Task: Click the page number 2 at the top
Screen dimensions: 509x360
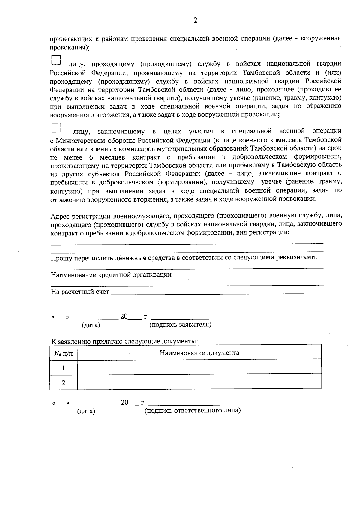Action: click(x=195, y=21)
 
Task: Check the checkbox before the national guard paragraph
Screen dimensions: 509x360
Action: click(x=56, y=60)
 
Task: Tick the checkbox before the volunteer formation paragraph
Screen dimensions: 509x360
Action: click(x=56, y=127)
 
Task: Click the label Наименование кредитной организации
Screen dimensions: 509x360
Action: click(x=111, y=275)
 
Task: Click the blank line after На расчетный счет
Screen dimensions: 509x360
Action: click(x=207, y=292)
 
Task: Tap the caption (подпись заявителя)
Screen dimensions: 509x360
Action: click(x=180, y=325)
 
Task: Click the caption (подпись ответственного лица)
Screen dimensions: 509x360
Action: click(x=193, y=411)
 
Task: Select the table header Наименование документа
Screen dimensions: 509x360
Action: click(x=199, y=353)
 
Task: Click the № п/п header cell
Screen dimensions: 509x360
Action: click(x=64, y=353)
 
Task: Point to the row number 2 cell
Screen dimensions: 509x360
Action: click(x=64, y=383)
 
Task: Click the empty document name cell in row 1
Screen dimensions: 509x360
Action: click(x=199, y=368)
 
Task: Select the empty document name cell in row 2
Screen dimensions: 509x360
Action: click(x=199, y=383)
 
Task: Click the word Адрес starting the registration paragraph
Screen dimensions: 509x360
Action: click(x=60, y=216)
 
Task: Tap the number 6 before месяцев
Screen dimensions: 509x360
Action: click(x=91, y=157)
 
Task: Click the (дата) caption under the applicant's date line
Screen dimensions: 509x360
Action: click(x=91, y=325)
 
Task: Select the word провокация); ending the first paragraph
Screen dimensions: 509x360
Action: click(x=69, y=47)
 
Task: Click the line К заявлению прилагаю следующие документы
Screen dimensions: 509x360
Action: click(x=124, y=341)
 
